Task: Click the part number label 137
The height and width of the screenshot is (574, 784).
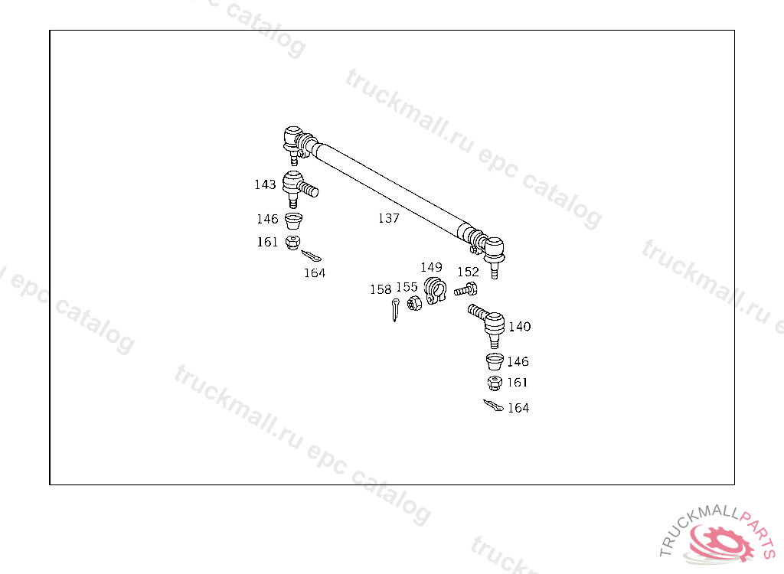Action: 388,218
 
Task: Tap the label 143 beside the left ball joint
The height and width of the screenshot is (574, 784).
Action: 265,184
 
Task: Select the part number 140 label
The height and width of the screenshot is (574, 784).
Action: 519,327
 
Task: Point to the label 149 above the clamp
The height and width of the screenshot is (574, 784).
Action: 431,267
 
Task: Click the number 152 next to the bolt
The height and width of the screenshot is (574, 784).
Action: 468,272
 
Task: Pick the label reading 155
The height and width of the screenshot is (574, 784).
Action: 407,287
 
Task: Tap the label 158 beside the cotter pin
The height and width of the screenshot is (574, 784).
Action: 381,289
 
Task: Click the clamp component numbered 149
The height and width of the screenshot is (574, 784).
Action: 434,291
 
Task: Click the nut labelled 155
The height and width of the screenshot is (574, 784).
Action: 414,303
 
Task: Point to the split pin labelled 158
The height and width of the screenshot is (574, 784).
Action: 394,309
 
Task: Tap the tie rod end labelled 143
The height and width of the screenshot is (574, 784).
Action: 296,188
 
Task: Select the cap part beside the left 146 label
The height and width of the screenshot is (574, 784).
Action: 293,221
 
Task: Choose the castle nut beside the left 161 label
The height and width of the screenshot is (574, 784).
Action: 292,243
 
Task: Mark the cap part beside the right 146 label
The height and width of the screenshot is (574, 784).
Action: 495,360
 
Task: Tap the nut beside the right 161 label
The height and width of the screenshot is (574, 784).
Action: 495,382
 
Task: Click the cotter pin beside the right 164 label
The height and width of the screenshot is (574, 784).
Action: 493,406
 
